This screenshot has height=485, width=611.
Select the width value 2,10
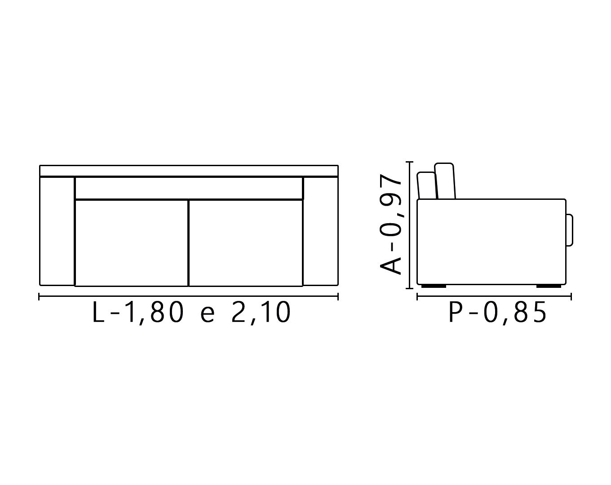tap(261, 313)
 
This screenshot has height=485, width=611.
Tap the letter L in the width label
tap(98, 312)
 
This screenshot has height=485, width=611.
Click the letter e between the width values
tap(207, 315)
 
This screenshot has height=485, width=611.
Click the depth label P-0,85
tap(497, 313)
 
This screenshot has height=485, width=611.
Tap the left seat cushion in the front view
tap(132, 243)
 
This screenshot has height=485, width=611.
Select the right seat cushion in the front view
tap(246, 243)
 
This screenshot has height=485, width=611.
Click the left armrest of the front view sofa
tap(57, 231)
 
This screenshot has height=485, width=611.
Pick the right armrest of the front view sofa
tap(320, 231)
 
